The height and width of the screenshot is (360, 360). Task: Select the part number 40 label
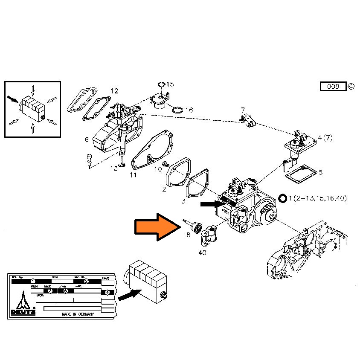point(202,253)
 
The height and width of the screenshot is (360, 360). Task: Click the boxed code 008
point(333,87)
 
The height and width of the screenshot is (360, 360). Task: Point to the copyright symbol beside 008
point(351,87)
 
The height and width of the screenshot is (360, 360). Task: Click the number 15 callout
point(170,84)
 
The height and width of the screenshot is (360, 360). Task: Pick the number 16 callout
point(189,110)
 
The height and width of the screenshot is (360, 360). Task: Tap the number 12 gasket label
point(114,91)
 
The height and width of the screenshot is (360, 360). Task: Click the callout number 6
point(87,139)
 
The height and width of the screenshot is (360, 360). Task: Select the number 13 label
point(114,168)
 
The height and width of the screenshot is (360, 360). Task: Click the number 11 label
point(134,175)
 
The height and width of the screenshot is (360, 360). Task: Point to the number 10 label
point(158,169)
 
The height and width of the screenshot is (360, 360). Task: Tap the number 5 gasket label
point(321,172)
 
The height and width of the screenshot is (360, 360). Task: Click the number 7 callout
point(243,110)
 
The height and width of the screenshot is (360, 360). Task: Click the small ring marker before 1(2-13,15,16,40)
point(282,198)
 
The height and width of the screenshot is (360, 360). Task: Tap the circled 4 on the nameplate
point(107,293)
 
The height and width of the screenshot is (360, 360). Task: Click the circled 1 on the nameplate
point(32,281)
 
